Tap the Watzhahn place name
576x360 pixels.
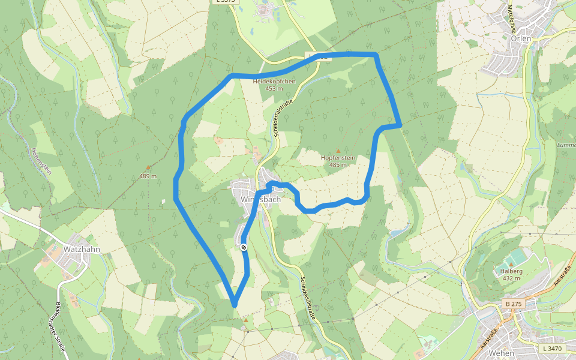81,248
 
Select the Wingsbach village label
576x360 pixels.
260,199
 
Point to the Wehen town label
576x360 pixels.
501,353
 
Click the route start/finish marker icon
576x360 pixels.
244,247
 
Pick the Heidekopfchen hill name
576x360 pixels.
274,81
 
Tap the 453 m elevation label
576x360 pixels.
274,88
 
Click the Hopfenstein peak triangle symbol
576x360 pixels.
338,151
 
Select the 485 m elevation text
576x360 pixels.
338,164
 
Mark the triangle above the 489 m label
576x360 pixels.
148,169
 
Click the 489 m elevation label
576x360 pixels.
148,176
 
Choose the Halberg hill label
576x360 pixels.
511,271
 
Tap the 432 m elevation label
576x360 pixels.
511,278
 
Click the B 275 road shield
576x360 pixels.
514,304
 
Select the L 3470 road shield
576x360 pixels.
552,348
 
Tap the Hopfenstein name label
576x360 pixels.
338,158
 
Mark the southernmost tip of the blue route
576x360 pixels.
234,305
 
